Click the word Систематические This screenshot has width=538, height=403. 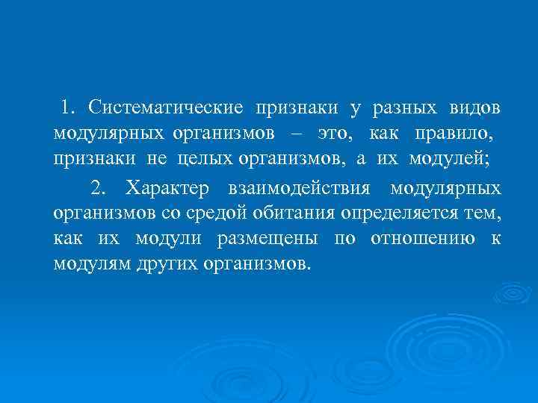[165, 108]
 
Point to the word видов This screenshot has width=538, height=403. [475, 108]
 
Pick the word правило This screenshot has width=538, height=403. [455, 134]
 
